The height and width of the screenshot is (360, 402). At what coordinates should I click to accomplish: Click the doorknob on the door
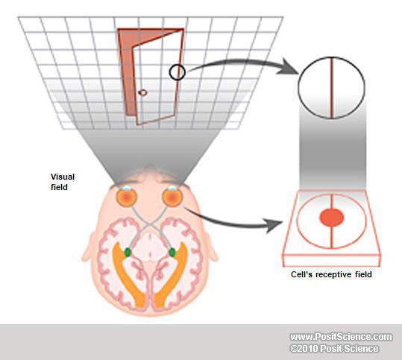tap(142, 92)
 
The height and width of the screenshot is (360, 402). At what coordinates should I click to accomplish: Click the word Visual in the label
tap(63, 177)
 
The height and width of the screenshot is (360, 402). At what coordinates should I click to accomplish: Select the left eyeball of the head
tap(127, 198)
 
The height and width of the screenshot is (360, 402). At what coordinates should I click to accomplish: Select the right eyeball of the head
tap(172, 198)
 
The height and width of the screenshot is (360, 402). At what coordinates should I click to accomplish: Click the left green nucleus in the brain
tap(128, 253)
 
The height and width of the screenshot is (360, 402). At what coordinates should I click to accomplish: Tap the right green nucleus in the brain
tap(172, 253)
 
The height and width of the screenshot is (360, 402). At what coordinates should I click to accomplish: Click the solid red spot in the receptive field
tap(331, 218)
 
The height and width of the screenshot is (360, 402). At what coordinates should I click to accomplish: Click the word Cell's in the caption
tap(302, 274)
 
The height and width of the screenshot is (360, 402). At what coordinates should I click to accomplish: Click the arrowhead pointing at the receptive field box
tap(274, 225)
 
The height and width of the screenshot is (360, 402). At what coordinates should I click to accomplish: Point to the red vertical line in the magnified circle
tap(331, 88)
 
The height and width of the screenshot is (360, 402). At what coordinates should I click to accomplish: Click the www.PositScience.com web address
tap(342, 337)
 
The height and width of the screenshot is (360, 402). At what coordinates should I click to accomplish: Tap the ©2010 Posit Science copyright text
tap(334, 349)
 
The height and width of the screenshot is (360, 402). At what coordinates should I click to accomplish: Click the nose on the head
tap(150, 170)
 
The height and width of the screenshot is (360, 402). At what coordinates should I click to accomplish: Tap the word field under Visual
tap(59, 187)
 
